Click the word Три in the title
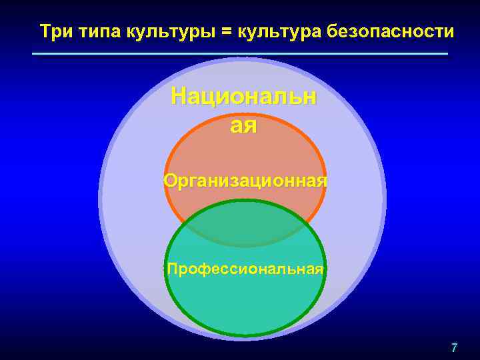tap(52, 31)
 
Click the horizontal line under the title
tap(240, 53)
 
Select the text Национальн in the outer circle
tap(243, 97)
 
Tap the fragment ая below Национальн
tap(243, 124)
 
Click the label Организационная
tap(245, 181)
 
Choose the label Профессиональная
tap(245, 269)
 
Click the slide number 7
tap(454, 347)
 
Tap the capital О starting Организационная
tap(170, 181)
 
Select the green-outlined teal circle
tap(245, 300)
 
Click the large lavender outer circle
tap(133, 200)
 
